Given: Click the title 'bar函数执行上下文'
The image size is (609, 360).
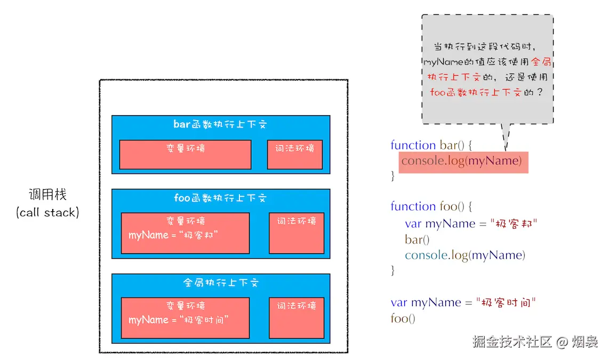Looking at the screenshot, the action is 220,124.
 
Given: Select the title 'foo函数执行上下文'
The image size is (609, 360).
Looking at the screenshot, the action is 220,198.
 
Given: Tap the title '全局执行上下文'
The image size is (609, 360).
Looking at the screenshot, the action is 221,282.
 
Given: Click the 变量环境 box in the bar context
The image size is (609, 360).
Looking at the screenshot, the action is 185,155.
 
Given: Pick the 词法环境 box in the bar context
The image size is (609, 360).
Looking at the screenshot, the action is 295,155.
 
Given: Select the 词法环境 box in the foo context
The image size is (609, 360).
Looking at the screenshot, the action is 297,233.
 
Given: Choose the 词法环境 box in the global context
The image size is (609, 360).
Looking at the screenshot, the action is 297,318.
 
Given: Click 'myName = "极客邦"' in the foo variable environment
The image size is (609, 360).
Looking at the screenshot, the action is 173,235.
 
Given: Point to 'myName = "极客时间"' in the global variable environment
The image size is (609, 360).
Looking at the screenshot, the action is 179,319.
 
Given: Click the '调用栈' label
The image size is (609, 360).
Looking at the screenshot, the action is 48,194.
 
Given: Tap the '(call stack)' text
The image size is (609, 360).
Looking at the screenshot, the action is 48,212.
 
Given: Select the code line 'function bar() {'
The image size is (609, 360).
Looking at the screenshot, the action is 431,145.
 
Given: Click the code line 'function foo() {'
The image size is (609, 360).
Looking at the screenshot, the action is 431,206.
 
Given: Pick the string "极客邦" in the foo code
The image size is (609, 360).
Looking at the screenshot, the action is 514,223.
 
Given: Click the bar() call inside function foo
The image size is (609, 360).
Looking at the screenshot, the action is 417,239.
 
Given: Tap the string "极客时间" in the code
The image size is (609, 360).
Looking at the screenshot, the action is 506,302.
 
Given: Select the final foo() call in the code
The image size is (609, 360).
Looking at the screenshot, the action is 403,318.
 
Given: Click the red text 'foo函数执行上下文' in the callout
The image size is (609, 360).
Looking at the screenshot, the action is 475,92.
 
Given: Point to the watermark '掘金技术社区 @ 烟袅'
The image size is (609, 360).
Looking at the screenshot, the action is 535,342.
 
